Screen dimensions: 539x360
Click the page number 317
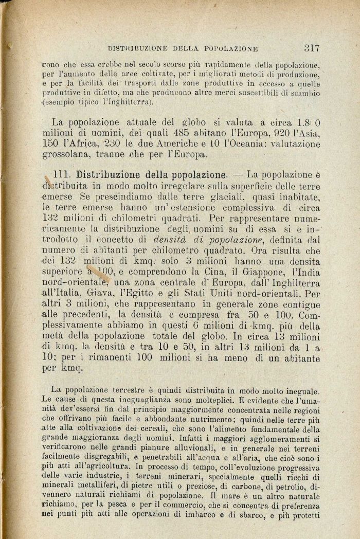pyautogui.click(x=312, y=48)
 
